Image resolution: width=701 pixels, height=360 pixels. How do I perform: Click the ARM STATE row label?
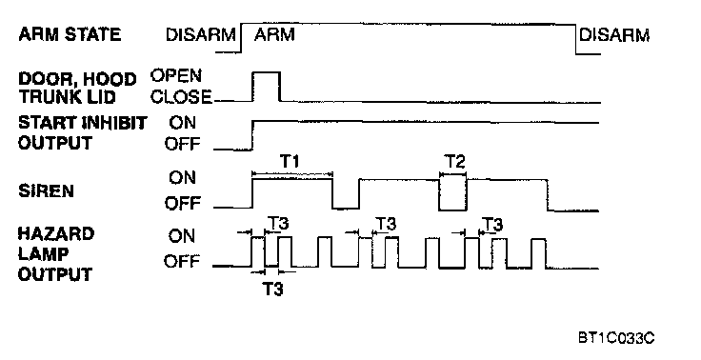pyautogui.click(x=70, y=34)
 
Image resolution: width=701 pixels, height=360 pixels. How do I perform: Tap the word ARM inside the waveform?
pyautogui.click(x=274, y=34)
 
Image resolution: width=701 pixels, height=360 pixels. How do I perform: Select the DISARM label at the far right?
pyautogui.click(x=614, y=35)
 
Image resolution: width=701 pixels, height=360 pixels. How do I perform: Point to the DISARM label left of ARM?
pyautogui.click(x=201, y=35)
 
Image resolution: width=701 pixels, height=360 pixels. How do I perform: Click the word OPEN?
pyautogui.click(x=176, y=75)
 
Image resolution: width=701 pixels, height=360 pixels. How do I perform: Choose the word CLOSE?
pyautogui.click(x=181, y=96)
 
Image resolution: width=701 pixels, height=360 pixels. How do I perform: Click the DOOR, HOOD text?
pyautogui.click(x=77, y=79)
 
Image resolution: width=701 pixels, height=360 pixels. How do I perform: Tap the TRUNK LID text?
pyautogui.click(x=67, y=97)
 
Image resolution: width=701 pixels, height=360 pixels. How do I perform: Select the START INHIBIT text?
pyautogui.click(x=83, y=123)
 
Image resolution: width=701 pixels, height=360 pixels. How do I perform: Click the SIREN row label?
pyautogui.click(x=46, y=191)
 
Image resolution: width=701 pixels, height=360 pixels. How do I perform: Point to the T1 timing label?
pyautogui.click(x=290, y=161)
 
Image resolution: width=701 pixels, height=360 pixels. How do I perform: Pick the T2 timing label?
pyautogui.click(x=454, y=161)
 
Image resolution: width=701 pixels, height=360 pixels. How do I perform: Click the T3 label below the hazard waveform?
pyautogui.click(x=272, y=290)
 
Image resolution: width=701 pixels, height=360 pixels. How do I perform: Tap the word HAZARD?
pyautogui.click(x=56, y=233)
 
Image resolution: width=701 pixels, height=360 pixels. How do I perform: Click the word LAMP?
pyautogui.click(x=44, y=253)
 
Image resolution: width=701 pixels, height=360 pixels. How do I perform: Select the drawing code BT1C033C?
pyautogui.click(x=616, y=338)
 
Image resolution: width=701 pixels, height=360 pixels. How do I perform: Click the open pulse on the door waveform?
pyautogui.click(x=267, y=72)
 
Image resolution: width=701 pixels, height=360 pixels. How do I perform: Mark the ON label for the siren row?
pyautogui.click(x=183, y=177)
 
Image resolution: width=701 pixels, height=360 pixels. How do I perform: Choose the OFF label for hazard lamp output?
pyautogui.click(x=182, y=261)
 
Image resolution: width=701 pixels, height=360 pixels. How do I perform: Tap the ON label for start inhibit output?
pyautogui.click(x=183, y=123)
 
